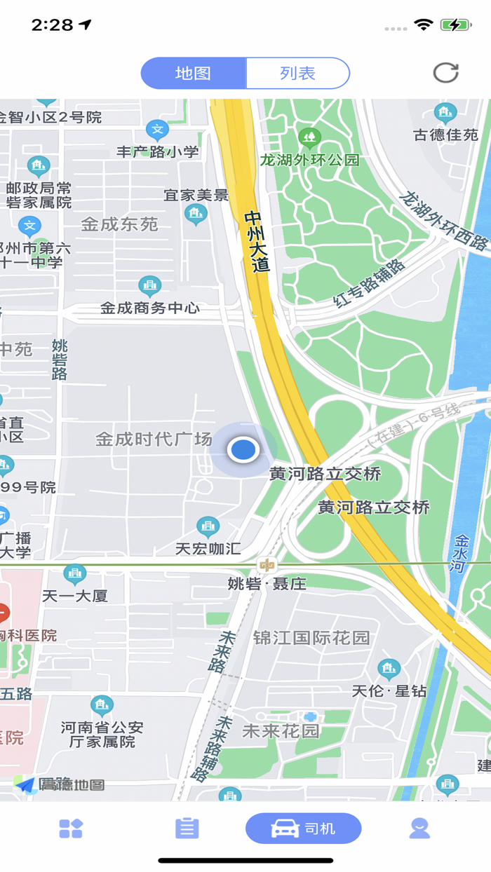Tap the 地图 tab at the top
pos(194,74)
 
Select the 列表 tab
pos(297,74)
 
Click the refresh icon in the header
pos(445,73)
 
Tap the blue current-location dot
pos(243,449)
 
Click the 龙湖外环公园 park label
pos(309,160)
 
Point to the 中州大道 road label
pos(257,241)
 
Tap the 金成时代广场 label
pos(154,440)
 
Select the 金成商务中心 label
pos(149,308)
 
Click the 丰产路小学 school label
pos(158,151)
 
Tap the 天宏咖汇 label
pos(208,548)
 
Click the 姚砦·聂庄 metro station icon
pos(267,565)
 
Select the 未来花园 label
pos(281,731)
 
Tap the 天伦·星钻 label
pos(389,690)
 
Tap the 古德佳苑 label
pos(445,135)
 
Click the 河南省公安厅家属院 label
pos(102,734)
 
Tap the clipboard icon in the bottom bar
pos(187,829)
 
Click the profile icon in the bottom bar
pos(419,829)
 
